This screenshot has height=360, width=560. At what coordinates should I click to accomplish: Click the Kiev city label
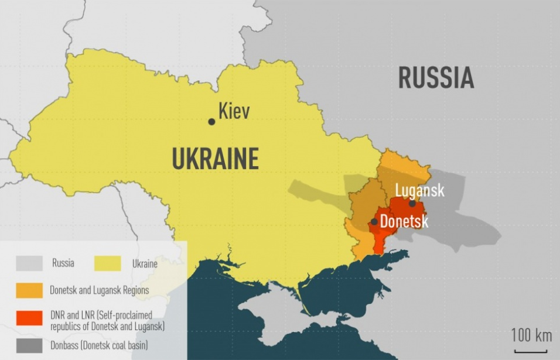point(234,111)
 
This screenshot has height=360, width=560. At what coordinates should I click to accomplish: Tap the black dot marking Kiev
point(211,122)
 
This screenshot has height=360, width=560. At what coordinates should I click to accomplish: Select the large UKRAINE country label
point(216,159)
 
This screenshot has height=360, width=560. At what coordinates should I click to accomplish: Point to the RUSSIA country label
point(436,78)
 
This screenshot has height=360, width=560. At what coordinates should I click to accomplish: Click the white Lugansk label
point(419,190)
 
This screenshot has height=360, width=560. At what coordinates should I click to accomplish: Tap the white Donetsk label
point(404,222)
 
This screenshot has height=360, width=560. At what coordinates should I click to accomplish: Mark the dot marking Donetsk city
point(374,222)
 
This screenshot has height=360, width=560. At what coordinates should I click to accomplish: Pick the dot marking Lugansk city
point(412,203)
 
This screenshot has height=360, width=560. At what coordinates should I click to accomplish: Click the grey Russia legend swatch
point(29,263)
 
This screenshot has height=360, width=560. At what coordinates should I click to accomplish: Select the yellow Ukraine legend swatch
point(108,263)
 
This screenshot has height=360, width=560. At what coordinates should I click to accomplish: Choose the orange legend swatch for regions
point(29,290)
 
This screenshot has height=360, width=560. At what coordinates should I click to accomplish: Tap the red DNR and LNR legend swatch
point(29,318)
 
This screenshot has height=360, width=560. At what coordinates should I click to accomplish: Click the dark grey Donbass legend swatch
point(29,345)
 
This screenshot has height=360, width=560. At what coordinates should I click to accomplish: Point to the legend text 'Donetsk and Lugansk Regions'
point(99,290)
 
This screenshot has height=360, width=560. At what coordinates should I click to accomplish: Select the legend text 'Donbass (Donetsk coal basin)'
point(98,345)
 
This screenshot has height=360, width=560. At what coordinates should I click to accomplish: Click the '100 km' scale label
point(531,335)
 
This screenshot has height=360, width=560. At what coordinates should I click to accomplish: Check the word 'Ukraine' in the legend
point(144,263)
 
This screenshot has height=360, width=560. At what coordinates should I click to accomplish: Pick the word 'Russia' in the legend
point(63,263)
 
